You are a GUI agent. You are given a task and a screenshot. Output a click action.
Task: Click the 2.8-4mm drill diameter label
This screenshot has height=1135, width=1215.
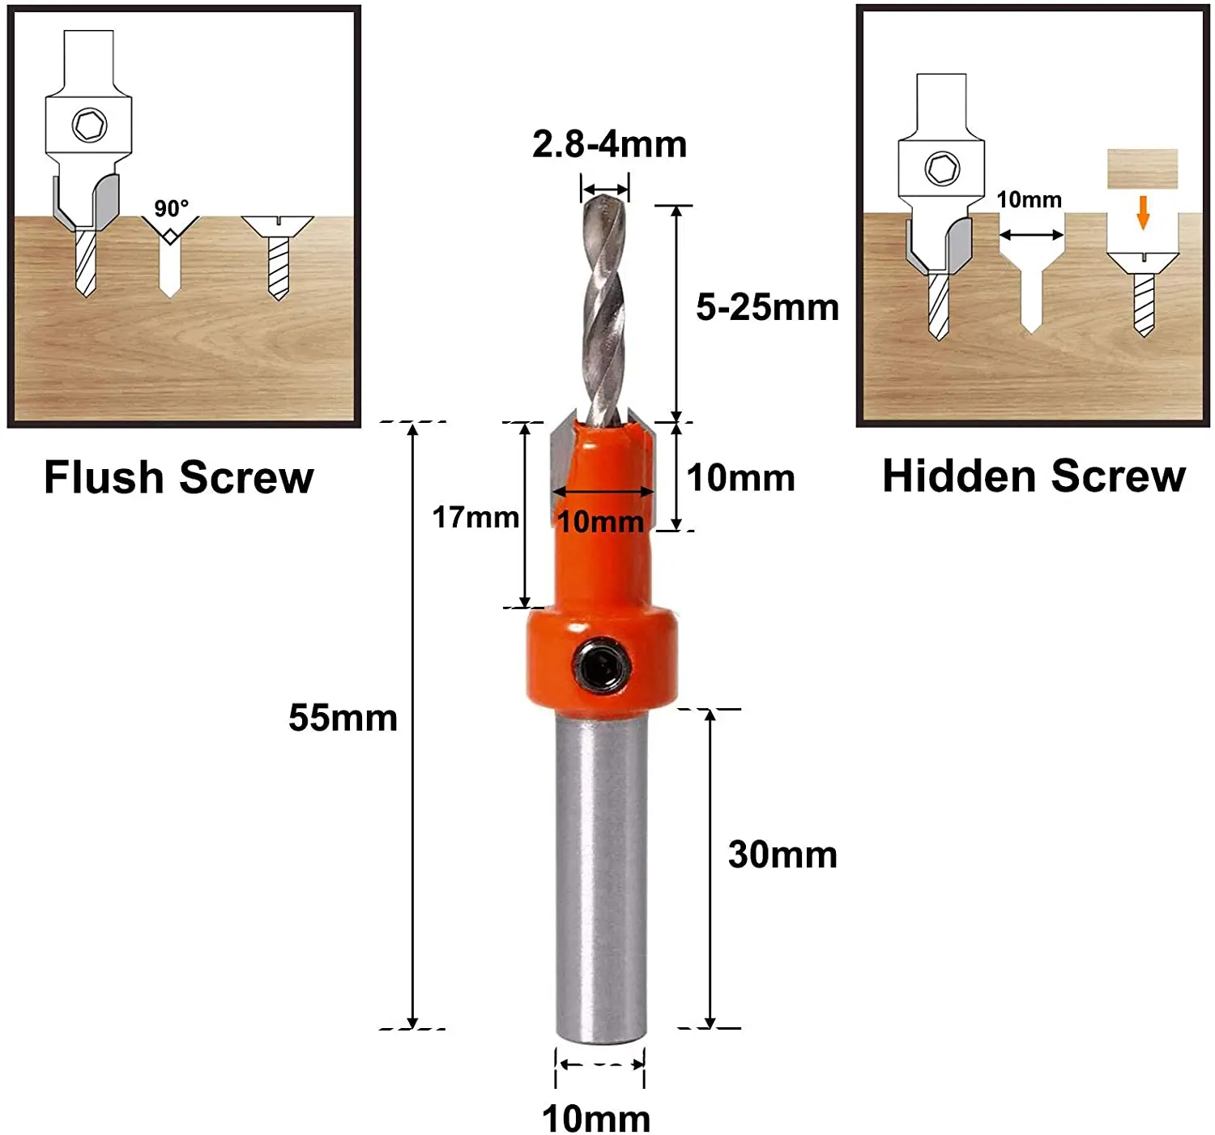pos(609,144)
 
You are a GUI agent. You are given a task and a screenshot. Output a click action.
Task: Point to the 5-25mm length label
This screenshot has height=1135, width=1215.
pos(767,308)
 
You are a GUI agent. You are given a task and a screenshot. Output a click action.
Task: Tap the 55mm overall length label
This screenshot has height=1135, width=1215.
pos(343,718)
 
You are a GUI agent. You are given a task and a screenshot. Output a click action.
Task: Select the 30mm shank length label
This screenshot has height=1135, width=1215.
pos(782,855)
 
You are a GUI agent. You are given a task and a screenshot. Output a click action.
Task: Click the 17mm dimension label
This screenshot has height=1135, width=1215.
pos(475,517)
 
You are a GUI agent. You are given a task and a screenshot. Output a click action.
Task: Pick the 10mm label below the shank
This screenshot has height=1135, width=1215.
pos(596,1119)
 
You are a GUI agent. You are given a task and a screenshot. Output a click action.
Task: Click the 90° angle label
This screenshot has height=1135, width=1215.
pos(171,208)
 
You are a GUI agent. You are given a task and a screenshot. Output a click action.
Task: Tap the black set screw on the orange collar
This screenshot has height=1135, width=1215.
pos(600,668)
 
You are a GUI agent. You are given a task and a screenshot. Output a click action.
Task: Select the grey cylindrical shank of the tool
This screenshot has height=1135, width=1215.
pos(600,875)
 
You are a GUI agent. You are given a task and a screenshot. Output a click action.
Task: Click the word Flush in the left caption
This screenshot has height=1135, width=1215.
pos(104,477)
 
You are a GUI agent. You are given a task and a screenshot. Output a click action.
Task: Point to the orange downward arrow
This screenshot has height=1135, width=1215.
pos(1143,211)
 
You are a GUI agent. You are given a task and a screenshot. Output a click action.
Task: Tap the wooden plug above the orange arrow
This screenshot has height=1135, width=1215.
pos(1142,169)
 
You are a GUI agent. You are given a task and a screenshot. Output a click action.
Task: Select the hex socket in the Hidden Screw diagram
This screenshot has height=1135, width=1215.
pos(942,168)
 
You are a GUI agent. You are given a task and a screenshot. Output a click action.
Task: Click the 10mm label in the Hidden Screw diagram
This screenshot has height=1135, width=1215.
pos(1029,199)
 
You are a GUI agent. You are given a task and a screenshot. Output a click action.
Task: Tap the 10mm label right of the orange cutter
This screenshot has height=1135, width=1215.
pos(740,478)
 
